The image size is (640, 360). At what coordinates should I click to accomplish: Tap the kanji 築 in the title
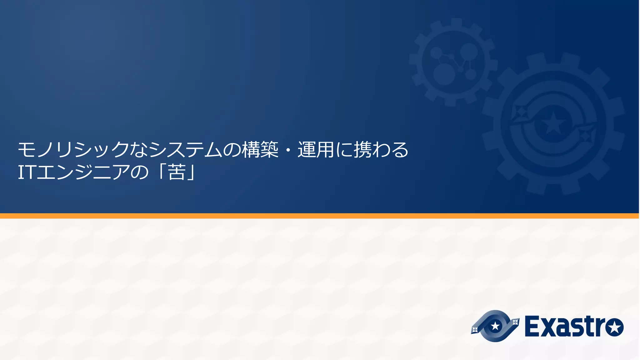[269, 149]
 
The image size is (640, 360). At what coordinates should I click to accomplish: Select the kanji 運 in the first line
[307, 149]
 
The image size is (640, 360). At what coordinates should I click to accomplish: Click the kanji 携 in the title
[362, 149]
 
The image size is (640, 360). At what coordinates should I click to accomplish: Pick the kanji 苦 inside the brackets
[177, 172]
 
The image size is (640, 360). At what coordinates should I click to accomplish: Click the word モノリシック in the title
[73, 149]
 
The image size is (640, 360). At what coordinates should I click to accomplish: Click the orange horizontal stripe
[320, 216]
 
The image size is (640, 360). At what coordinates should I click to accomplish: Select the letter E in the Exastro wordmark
[532, 327]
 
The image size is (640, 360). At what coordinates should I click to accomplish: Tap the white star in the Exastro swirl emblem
[495, 326]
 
